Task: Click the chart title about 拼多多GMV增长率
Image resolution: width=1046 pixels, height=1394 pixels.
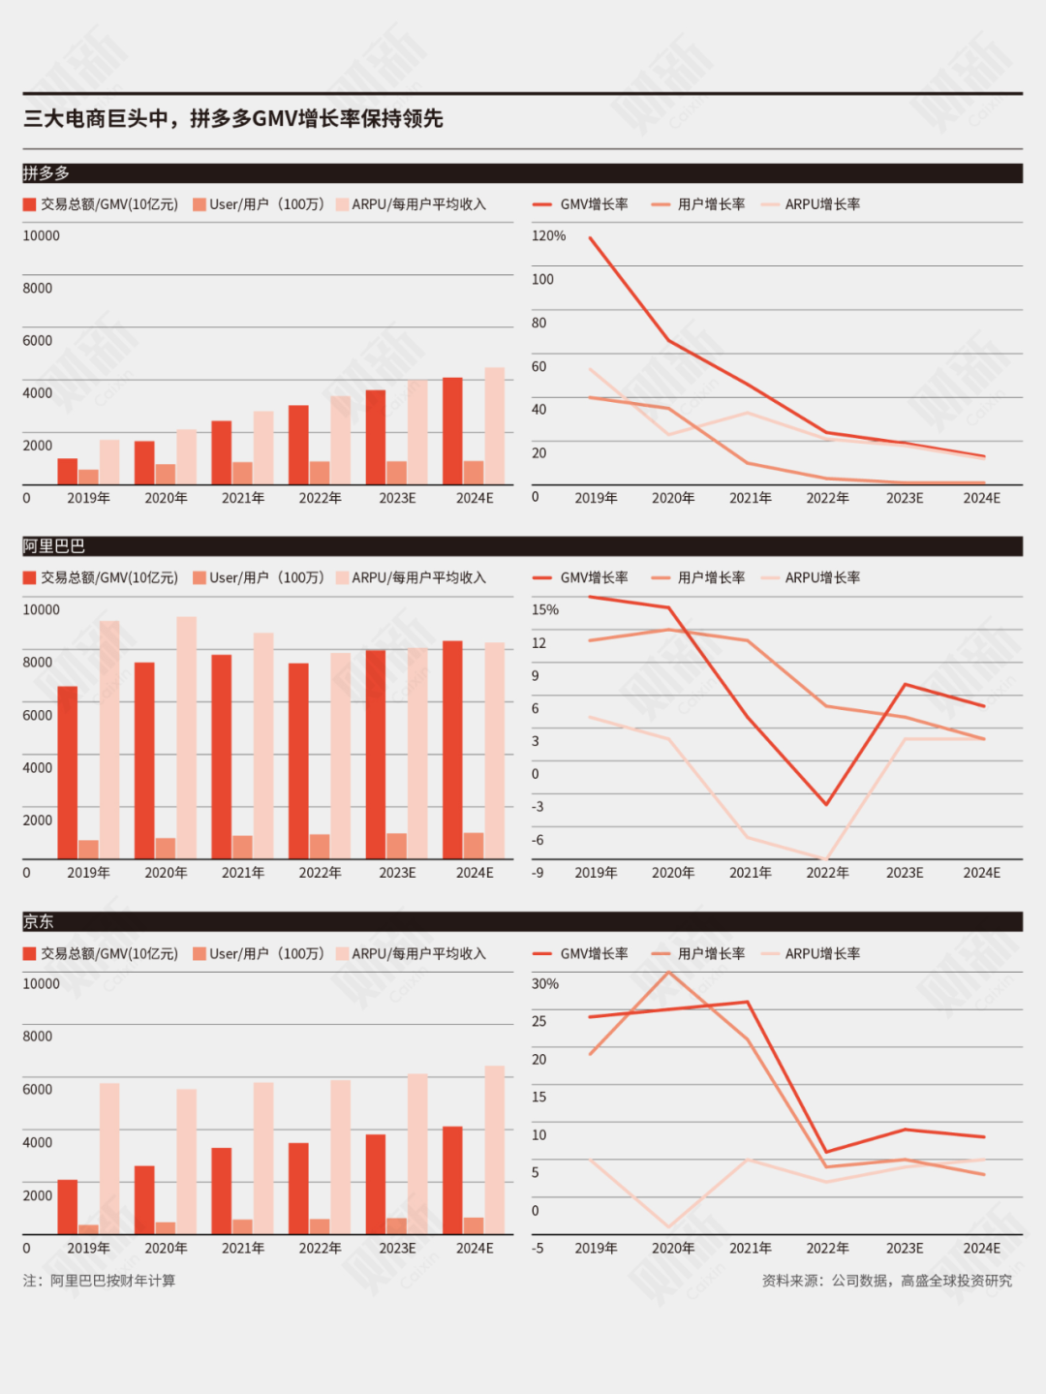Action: pyautogui.click(x=233, y=119)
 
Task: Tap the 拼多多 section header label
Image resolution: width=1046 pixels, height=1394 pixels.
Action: pyautogui.click(x=46, y=173)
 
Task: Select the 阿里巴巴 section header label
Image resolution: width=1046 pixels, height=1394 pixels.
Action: pyautogui.click(x=54, y=546)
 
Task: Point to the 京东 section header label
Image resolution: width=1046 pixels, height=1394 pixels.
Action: pyautogui.click(x=39, y=921)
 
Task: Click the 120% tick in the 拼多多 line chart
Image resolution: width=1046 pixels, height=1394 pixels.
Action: pyautogui.click(x=548, y=235)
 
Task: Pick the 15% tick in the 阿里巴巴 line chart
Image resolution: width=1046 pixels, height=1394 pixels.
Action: pyautogui.click(x=545, y=609)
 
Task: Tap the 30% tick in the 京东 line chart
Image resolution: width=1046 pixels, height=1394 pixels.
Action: pyautogui.click(x=545, y=983)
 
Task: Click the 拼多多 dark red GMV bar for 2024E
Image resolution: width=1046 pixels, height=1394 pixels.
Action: pyautogui.click(x=452, y=431)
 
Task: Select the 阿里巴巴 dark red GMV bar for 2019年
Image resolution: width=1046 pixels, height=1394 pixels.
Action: pyautogui.click(x=68, y=772)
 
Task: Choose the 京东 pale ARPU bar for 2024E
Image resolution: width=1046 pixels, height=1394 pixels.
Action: pyautogui.click(x=495, y=1150)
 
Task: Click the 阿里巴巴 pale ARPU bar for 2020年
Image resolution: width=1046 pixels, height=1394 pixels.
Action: pyautogui.click(x=186, y=737)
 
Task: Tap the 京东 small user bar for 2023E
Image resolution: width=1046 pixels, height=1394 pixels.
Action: pyautogui.click(x=396, y=1226)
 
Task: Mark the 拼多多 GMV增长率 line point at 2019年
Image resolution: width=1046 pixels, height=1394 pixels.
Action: pyautogui.click(x=591, y=238)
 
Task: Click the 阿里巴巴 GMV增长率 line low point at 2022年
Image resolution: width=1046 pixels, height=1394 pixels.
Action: pyautogui.click(x=826, y=804)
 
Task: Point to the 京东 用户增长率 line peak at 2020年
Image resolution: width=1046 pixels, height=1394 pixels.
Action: pyautogui.click(x=669, y=972)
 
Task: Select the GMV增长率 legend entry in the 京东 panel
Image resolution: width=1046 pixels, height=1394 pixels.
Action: pyautogui.click(x=581, y=953)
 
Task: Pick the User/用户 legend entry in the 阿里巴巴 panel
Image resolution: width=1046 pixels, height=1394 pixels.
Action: pyautogui.click(x=258, y=577)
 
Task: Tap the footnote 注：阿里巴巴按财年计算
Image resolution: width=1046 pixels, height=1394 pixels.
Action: pyautogui.click(x=100, y=1281)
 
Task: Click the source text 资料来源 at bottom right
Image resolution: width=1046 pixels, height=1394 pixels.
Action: pyautogui.click(x=886, y=1281)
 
